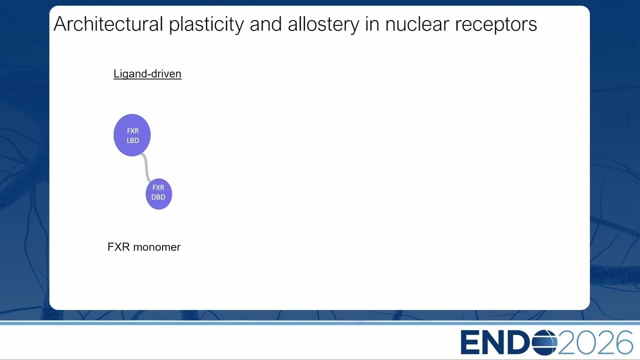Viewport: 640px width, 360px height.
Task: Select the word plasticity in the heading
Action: point(206,25)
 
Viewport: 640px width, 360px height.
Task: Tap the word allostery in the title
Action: point(323,25)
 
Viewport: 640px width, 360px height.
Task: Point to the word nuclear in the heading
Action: point(417,24)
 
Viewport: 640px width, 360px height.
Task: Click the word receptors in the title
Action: point(496,25)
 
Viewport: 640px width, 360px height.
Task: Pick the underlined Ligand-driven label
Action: point(147,73)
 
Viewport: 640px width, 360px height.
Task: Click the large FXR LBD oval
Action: point(132,135)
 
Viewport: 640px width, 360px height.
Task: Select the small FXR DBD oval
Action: point(159,194)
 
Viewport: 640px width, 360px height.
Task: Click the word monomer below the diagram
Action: point(157,247)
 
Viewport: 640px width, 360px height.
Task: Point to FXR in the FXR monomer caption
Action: point(118,247)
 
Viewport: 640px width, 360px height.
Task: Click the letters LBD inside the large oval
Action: point(133,140)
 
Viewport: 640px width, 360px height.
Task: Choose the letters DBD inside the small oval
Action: point(158,197)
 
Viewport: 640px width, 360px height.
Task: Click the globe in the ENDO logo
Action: point(544,342)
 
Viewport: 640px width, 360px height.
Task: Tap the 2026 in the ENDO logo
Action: point(595,342)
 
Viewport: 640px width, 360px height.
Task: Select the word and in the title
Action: point(266,24)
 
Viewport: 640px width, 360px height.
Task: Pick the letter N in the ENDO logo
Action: point(493,342)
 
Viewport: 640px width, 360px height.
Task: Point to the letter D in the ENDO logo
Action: point(519,342)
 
